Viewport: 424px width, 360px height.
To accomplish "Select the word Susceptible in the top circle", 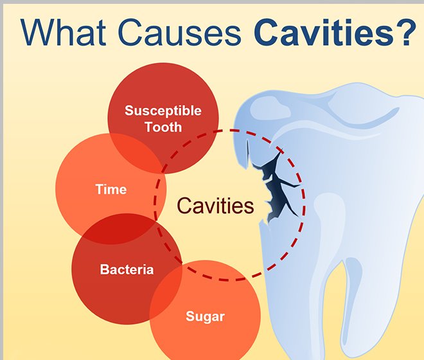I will (163, 111).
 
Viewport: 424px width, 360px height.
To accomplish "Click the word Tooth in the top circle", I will (163, 127).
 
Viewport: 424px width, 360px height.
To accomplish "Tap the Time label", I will (110, 190).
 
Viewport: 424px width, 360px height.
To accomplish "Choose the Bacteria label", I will (127, 269).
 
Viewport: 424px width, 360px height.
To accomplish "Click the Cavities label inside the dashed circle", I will (215, 206).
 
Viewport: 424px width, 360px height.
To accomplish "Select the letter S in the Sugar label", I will (190, 316).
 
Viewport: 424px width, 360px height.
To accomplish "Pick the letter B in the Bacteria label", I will (104, 269).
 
